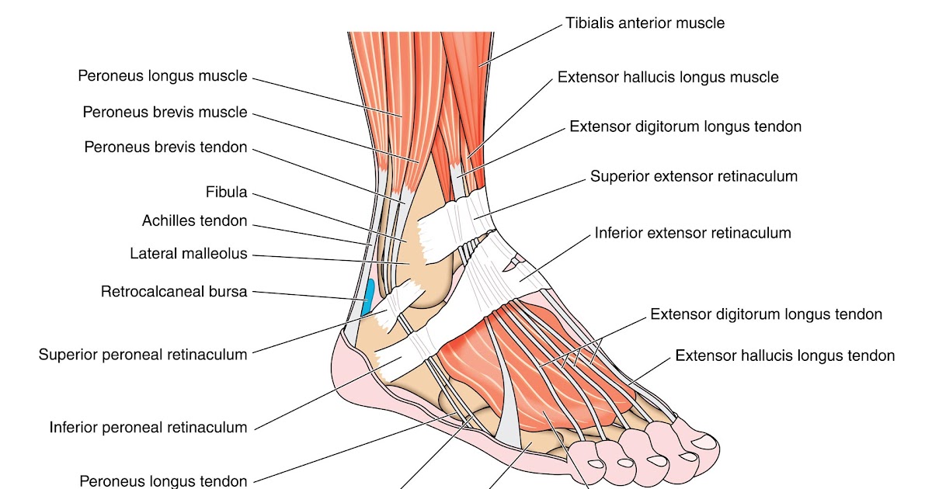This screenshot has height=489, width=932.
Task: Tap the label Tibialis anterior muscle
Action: click(645, 23)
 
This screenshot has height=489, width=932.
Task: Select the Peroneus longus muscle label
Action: click(162, 76)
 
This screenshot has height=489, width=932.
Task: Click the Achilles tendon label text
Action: click(194, 221)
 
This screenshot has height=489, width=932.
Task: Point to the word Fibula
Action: click(226, 192)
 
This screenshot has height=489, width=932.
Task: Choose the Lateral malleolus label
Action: click(188, 253)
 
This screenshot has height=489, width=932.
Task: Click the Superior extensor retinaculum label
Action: click(694, 176)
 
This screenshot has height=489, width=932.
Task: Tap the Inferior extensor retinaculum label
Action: click(693, 232)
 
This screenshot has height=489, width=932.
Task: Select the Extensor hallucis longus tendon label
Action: click(785, 355)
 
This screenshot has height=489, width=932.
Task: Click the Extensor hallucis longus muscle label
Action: click(668, 78)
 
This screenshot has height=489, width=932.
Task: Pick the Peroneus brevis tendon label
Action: click(165, 147)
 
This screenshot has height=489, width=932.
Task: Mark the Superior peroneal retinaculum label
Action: click(143, 355)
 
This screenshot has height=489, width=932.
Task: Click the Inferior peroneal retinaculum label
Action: click(148, 427)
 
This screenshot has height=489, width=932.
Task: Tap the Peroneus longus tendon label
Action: click(163, 481)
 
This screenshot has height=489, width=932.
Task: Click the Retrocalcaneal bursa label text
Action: click(174, 292)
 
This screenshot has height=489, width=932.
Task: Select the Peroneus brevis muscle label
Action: click(165, 113)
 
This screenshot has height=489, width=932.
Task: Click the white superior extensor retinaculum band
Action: click(458, 217)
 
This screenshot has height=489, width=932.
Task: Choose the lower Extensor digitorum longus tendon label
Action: click(766, 314)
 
